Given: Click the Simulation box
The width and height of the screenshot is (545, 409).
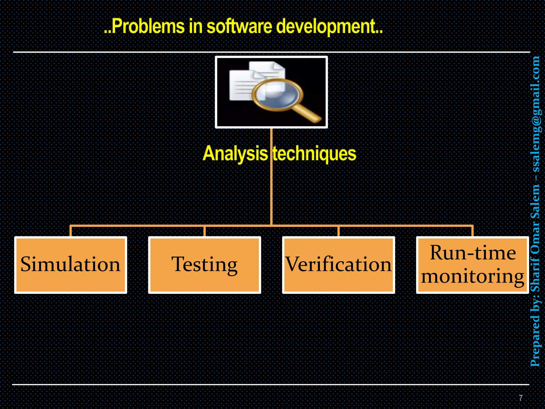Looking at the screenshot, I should pyautogui.click(x=71, y=265).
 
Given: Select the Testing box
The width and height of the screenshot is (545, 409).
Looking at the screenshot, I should pyautogui.click(x=204, y=265).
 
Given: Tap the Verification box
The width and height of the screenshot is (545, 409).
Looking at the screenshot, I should pyautogui.click(x=338, y=265).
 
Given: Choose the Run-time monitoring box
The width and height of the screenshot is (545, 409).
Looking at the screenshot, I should pyautogui.click(x=472, y=265).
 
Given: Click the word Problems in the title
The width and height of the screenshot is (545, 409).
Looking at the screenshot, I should pyautogui.click(x=148, y=27).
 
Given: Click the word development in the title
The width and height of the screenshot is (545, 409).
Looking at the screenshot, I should pyautogui.click(x=326, y=27).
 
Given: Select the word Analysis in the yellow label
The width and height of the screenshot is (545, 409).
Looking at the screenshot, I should pyautogui.click(x=235, y=154).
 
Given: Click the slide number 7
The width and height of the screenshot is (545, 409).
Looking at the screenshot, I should pyautogui.click(x=521, y=398).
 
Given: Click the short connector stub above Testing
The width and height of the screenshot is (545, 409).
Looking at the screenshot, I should pyautogui.click(x=204, y=231).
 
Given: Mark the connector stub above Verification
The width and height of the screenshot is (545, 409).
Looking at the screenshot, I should pyautogui.click(x=338, y=231).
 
